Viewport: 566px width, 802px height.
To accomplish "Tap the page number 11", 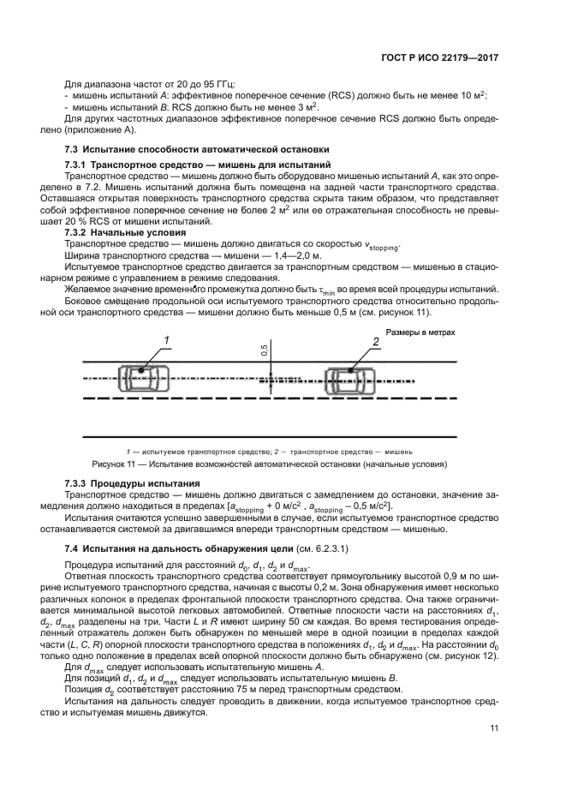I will click(494, 728).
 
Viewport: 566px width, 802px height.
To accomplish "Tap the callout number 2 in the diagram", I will click(375, 342).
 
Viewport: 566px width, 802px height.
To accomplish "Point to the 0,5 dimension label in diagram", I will click(264, 350).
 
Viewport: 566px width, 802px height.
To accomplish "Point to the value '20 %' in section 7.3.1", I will click(89, 220).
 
